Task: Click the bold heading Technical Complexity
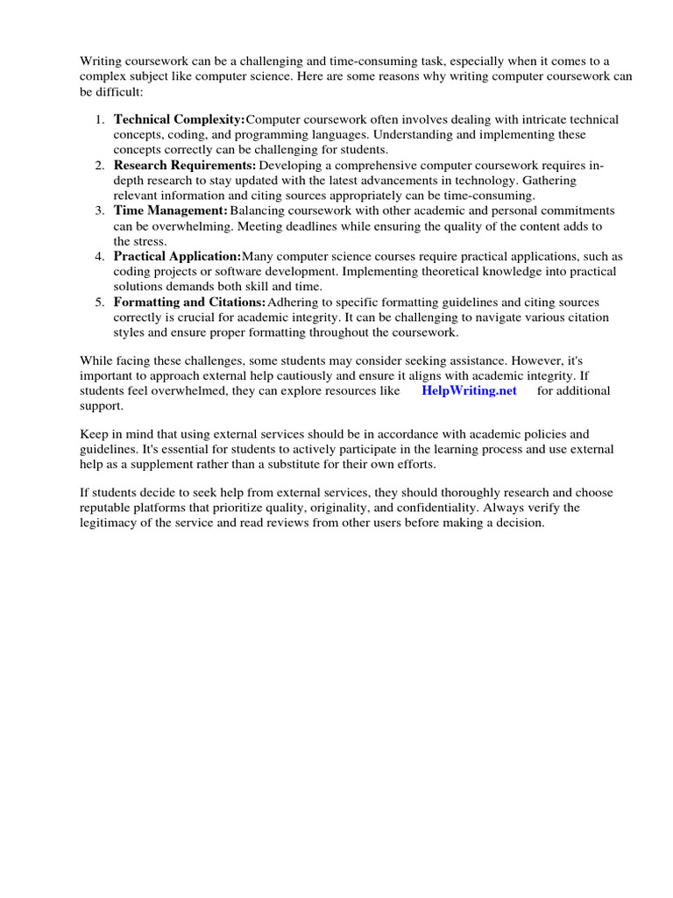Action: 180,119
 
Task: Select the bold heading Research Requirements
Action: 185,165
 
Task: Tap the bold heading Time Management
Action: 171,210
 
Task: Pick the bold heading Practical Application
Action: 177,256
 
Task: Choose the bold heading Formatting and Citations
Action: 189,302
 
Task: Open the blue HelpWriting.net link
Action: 470,390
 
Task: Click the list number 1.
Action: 100,119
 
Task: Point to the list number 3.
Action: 100,210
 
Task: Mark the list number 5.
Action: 100,302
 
